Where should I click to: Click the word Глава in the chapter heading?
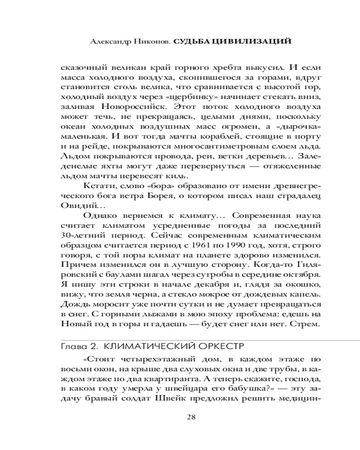click(72, 346)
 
